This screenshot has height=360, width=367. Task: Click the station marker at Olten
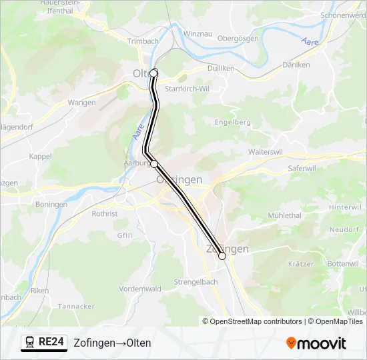point(153,73)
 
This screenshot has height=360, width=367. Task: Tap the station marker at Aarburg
point(154,163)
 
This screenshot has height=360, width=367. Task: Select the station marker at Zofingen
point(222,255)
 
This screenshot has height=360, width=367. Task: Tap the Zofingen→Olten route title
point(112,343)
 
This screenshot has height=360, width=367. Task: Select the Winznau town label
point(198,33)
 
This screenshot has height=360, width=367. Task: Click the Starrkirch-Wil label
point(187,89)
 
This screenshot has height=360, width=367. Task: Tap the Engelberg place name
point(233,122)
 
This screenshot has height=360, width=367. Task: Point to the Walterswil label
point(266,152)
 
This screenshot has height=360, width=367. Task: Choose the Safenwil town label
point(302,169)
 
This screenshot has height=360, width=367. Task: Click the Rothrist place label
point(105,214)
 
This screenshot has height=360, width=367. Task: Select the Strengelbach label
point(196,282)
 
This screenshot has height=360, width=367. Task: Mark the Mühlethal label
point(284,215)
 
